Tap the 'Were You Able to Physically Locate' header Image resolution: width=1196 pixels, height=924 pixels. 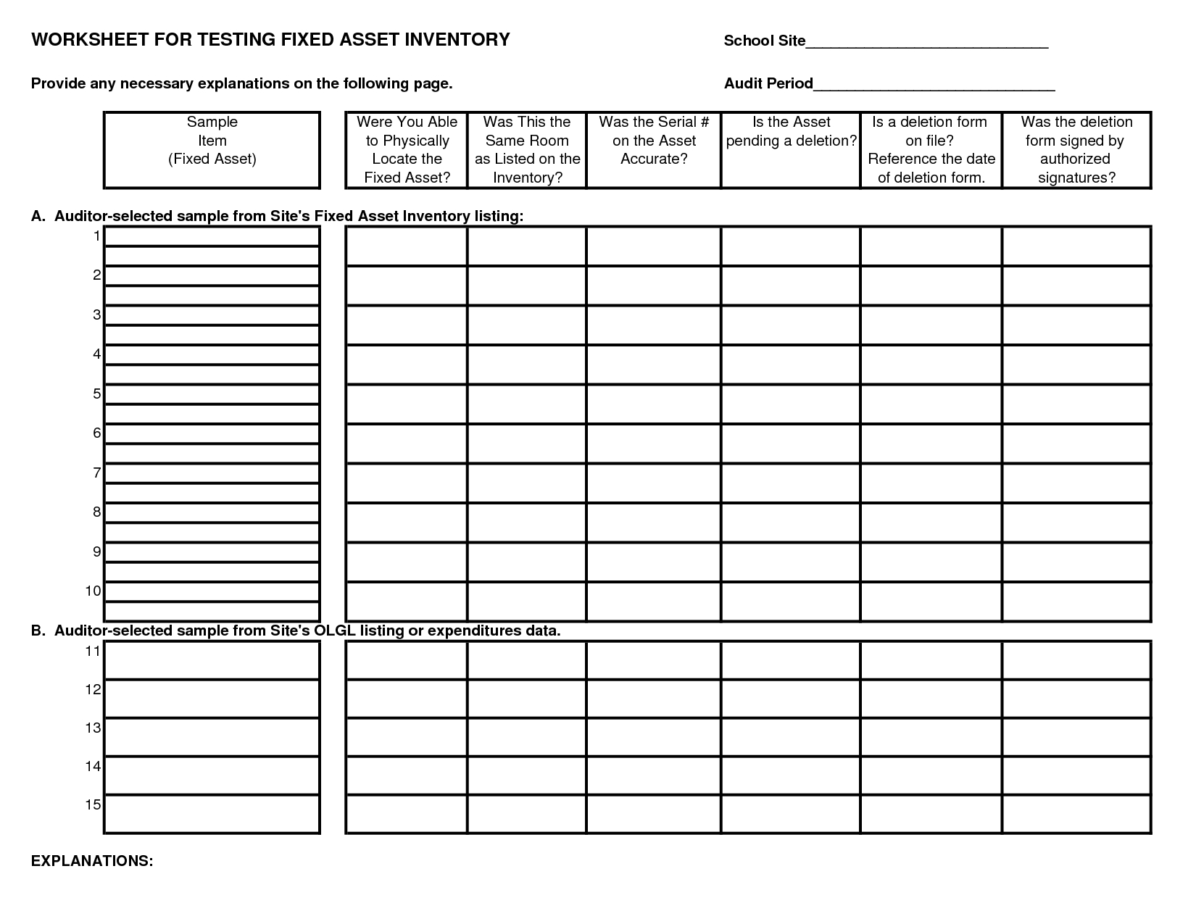pos(407,149)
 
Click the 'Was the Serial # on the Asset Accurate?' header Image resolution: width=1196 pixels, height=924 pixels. pos(654,141)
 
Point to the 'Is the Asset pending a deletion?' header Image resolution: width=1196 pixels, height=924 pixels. pos(792,132)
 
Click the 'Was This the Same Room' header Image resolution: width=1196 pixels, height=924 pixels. pos(527,149)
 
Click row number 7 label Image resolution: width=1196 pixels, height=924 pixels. pos(96,473)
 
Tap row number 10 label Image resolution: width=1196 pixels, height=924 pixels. pos(94,591)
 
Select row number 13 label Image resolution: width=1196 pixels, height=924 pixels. pos(93,728)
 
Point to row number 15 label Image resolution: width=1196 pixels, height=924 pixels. pos(93,804)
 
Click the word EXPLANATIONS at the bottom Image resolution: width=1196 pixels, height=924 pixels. pos(92,861)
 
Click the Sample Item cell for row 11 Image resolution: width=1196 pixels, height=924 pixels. pos(212,660)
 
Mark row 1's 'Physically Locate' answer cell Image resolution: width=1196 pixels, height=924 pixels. pos(407,246)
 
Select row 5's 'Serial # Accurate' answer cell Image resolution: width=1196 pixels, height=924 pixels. pos(654,404)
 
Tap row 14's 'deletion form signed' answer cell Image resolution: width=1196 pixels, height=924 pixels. pos(1076,775)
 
